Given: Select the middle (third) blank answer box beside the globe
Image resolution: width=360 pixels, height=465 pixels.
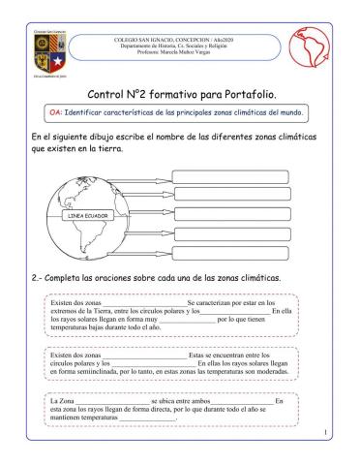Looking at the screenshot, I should [x=221, y=214].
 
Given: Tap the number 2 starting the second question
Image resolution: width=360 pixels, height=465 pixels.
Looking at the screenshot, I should [x=22, y=277].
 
